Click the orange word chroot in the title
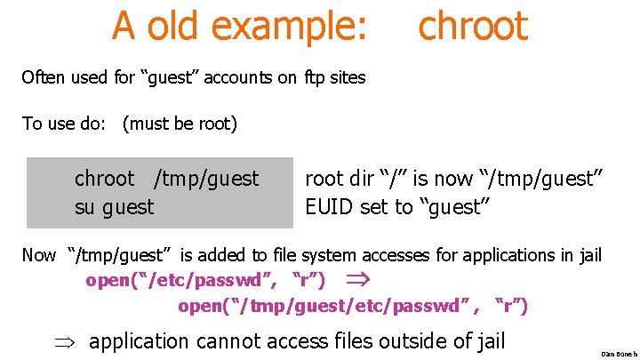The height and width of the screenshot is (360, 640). (x=473, y=26)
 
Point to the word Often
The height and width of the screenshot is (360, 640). (x=43, y=77)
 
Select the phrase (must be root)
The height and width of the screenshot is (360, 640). (x=180, y=124)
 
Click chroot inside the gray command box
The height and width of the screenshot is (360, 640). (x=105, y=179)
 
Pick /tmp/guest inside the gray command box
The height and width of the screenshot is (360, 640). (x=206, y=180)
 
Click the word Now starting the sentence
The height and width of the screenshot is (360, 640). (x=38, y=256)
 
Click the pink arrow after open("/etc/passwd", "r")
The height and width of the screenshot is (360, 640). (x=355, y=281)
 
